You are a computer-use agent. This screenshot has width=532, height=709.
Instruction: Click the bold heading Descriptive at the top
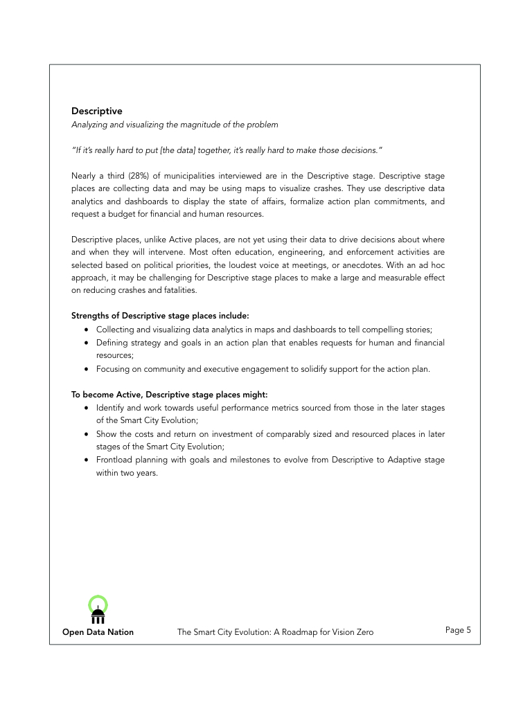tap(96, 111)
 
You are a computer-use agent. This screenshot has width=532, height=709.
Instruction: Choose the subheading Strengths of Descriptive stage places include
tap(160, 316)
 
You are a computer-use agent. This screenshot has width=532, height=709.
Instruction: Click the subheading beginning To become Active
tap(169, 395)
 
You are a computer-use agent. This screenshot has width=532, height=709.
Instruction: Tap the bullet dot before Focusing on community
tap(86, 369)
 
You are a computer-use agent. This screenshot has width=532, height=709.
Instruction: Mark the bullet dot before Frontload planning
tap(86, 460)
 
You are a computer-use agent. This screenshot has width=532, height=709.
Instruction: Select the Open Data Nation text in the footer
tap(98, 632)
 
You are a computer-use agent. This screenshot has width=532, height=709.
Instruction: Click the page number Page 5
tap(458, 630)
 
